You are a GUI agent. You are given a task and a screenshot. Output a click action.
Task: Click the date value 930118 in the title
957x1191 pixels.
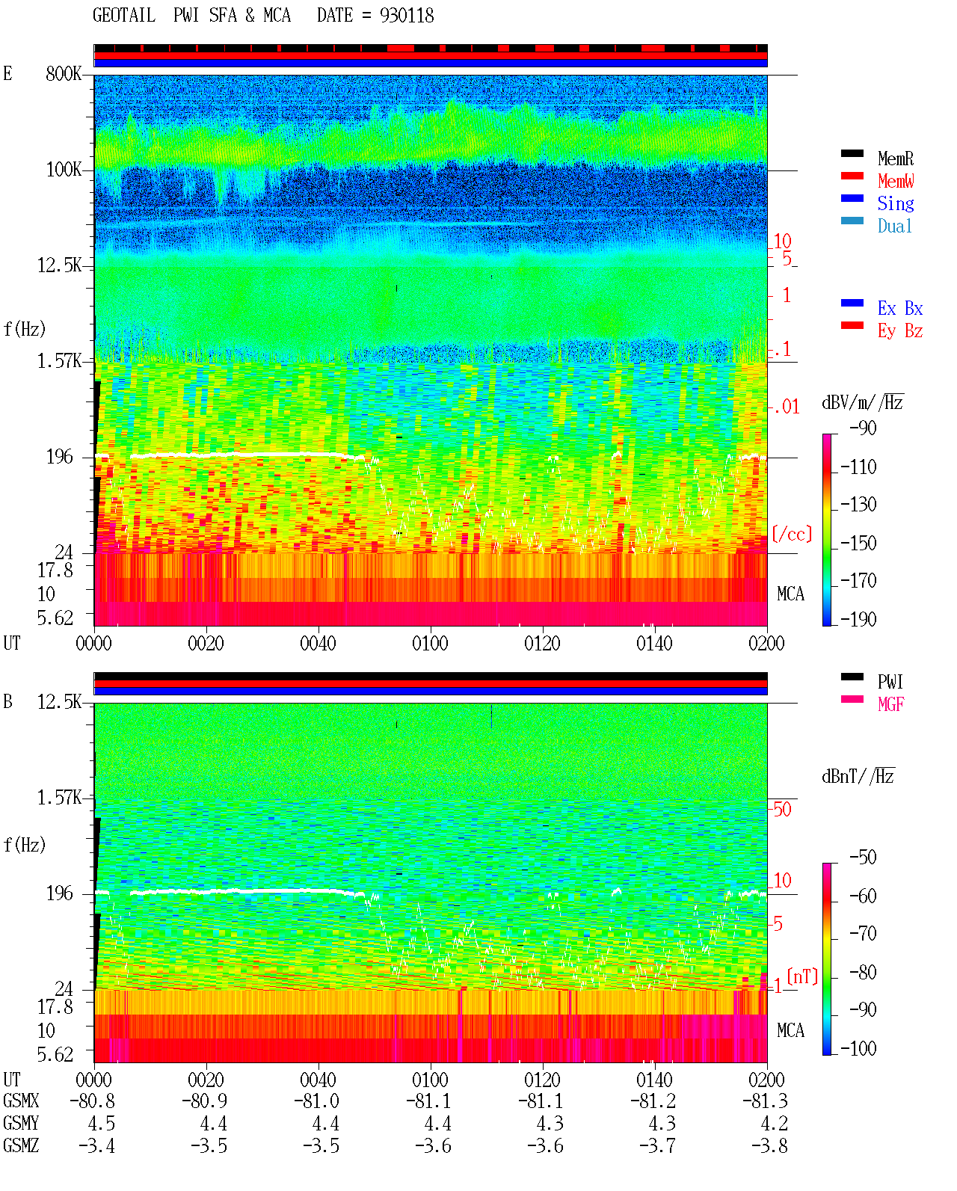(407, 16)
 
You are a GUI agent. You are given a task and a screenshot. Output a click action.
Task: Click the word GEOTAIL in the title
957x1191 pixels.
(124, 16)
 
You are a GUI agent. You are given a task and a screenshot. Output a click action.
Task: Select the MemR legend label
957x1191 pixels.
(896, 159)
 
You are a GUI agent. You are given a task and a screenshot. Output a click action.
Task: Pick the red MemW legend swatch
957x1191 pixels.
(852, 176)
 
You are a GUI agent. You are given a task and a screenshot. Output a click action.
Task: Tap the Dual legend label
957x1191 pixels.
(894, 226)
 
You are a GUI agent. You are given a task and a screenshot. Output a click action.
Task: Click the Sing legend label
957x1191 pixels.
(896, 203)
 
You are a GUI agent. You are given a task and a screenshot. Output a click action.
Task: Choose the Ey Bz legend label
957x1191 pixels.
(900, 330)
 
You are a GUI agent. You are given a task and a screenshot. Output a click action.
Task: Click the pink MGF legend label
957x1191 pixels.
(891, 704)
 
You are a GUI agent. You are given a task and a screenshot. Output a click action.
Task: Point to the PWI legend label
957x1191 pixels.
(890, 681)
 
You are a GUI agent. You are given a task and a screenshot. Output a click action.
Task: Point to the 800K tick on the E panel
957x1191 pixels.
(64, 73)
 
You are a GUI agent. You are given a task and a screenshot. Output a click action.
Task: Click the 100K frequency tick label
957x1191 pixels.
(64, 170)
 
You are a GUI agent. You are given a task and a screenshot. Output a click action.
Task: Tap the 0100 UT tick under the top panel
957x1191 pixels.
(430, 643)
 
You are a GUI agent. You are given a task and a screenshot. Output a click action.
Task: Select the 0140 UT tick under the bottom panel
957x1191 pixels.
(654, 1080)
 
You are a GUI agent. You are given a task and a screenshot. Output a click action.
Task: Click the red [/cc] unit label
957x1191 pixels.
(792, 534)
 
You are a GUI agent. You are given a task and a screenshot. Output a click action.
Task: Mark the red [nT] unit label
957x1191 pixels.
(802, 976)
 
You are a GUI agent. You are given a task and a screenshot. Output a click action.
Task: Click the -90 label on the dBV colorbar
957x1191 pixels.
(863, 428)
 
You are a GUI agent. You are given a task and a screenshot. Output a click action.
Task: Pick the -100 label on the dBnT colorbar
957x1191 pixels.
(858, 1048)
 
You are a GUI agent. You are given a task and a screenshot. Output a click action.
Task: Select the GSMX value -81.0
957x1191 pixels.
(316, 1101)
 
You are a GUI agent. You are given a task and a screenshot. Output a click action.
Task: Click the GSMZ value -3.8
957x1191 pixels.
(769, 1146)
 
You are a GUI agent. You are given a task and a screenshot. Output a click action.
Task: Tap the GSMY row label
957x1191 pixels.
(21, 1124)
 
